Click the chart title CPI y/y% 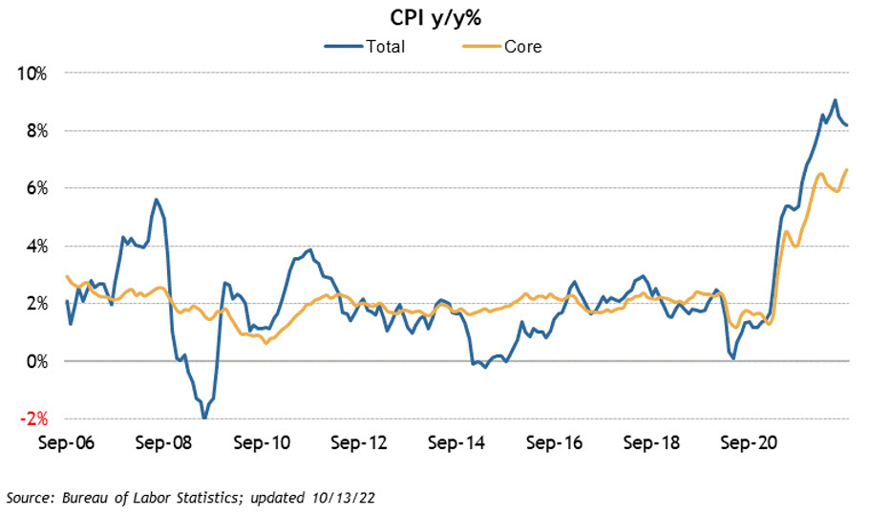(x=434, y=17)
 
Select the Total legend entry (x=386, y=45)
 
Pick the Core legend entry (x=522, y=45)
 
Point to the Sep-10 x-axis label (x=262, y=443)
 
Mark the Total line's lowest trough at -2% (x=203, y=418)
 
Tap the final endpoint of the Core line (x=847, y=169)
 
